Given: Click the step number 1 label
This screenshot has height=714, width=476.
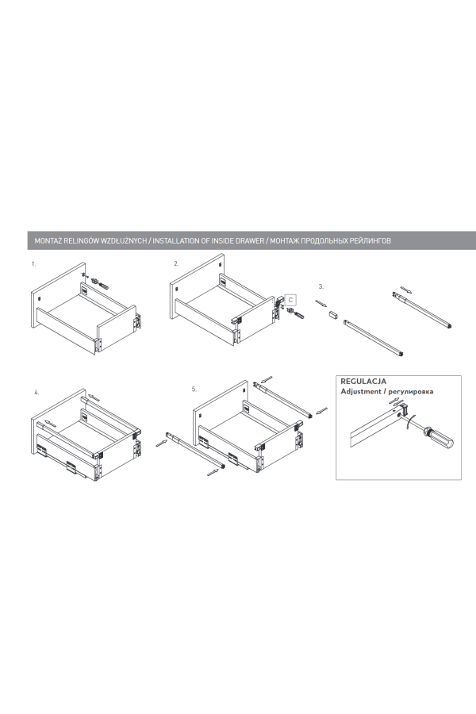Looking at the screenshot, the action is [33, 264].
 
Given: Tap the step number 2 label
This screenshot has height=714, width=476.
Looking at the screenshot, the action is [176, 263].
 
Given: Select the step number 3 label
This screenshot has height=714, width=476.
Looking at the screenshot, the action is [321, 286].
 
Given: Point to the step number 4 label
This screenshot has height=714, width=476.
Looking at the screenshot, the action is [37, 392].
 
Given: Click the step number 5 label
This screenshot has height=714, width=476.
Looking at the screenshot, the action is [194, 390].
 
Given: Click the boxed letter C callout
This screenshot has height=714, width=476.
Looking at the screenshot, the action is [290, 300].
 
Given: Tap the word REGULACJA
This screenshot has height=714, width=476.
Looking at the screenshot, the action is [363, 382].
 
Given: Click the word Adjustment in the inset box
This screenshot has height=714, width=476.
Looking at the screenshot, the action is [361, 392].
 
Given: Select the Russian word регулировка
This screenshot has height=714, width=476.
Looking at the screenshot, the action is [411, 392].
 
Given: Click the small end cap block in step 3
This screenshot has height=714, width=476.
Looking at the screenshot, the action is [333, 315].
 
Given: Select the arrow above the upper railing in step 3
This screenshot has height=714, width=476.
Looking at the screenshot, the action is [405, 290].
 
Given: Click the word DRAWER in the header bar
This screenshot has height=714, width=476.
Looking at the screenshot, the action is [249, 241].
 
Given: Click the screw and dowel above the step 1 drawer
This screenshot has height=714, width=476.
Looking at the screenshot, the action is [98, 282].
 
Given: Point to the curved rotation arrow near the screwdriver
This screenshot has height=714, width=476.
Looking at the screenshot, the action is [410, 421].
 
